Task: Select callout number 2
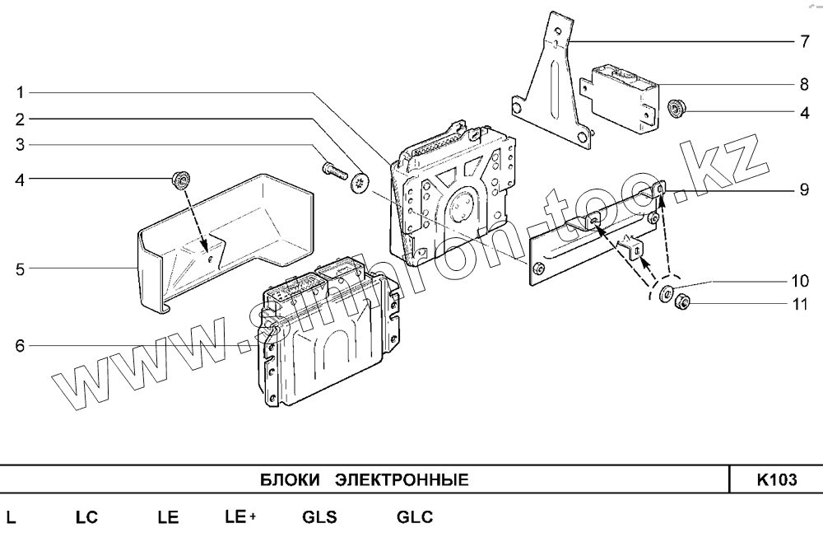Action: click(x=19, y=118)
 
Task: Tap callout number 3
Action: click(x=19, y=146)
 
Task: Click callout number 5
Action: click(x=19, y=269)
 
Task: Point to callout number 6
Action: click(x=19, y=346)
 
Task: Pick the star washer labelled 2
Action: click(x=360, y=183)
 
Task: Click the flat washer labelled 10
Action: click(x=666, y=292)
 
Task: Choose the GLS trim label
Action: click(x=319, y=518)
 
